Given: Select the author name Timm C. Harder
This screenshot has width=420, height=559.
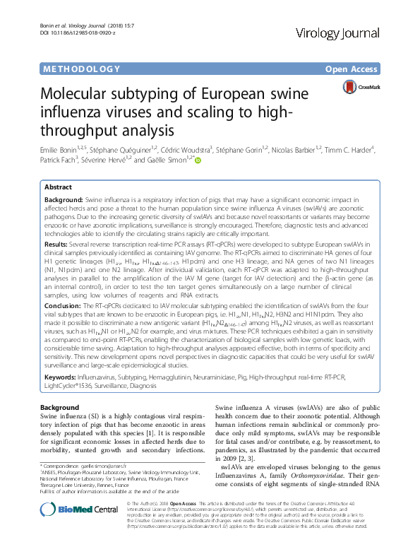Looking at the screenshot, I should point(352,149).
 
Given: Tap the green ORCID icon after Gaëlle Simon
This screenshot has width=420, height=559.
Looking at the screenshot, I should point(198,160).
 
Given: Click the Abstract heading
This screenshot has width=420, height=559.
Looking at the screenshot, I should point(58,187).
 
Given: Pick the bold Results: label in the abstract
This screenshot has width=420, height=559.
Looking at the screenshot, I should point(59,242).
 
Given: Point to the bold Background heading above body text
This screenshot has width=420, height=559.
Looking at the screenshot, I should point(59,408).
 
